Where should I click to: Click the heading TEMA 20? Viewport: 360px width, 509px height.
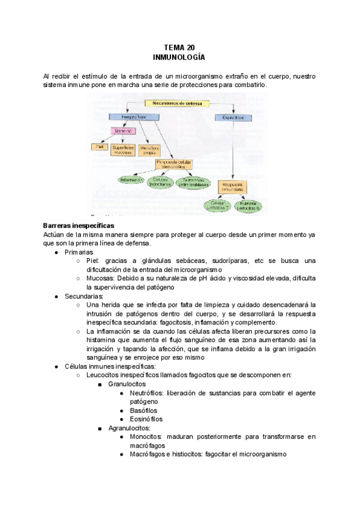tap(179, 47)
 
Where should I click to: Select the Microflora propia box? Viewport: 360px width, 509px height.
tap(150, 149)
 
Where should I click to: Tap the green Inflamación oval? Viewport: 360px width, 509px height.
tap(130, 180)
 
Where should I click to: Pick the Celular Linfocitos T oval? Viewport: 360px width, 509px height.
tap(217, 206)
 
